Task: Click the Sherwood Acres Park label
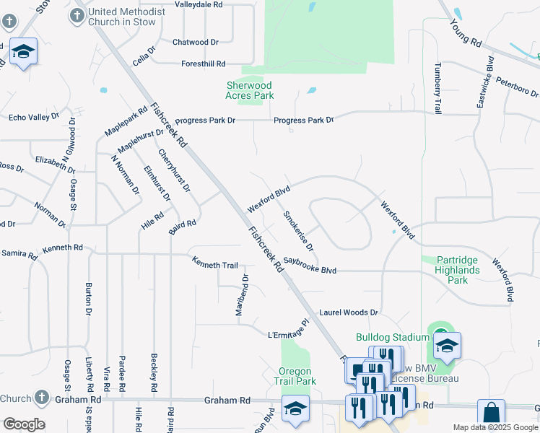point(250,89)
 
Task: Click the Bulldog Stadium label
point(393,337)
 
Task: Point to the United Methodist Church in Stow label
point(121,17)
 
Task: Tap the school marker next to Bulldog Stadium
point(447,346)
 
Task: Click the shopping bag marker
point(491,414)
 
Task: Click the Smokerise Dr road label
point(298,231)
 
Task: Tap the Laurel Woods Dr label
point(349,312)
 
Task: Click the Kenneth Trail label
point(214,265)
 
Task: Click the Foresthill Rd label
point(204,64)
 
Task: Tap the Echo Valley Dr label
point(34,117)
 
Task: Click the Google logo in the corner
point(24,424)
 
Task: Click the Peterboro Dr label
point(518,89)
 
